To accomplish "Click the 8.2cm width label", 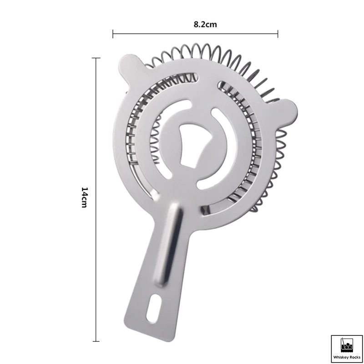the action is click(205, 24).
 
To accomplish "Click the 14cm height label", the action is click(84, 197).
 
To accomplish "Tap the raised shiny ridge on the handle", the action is click(169, 244).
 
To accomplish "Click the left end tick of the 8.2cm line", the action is click(113, 34).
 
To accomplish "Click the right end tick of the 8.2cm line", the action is click(278, 34).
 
